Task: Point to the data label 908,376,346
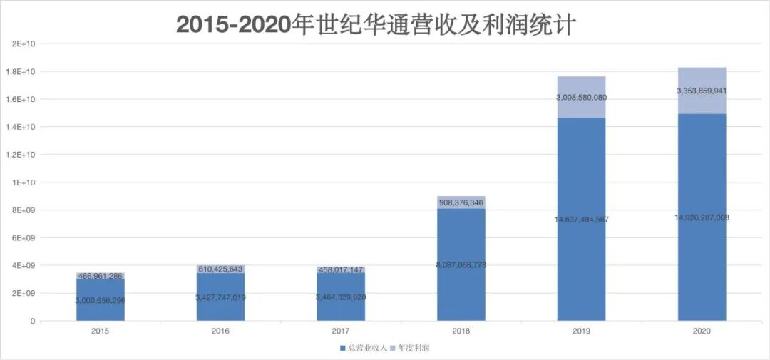coord(461,203)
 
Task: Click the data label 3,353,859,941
coord(702,91)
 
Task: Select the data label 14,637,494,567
coord(581,220)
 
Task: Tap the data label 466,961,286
coord(100,275)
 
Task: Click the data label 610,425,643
coord(220,269)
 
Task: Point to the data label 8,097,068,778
coord(461,265)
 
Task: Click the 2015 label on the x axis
coord(100,331)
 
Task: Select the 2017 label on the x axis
coord(341,331)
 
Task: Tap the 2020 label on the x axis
coord(702,331)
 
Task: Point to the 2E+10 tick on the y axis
coord(24,44)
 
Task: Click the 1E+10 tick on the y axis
coord(24,182)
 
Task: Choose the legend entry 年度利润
coord(414,348)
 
